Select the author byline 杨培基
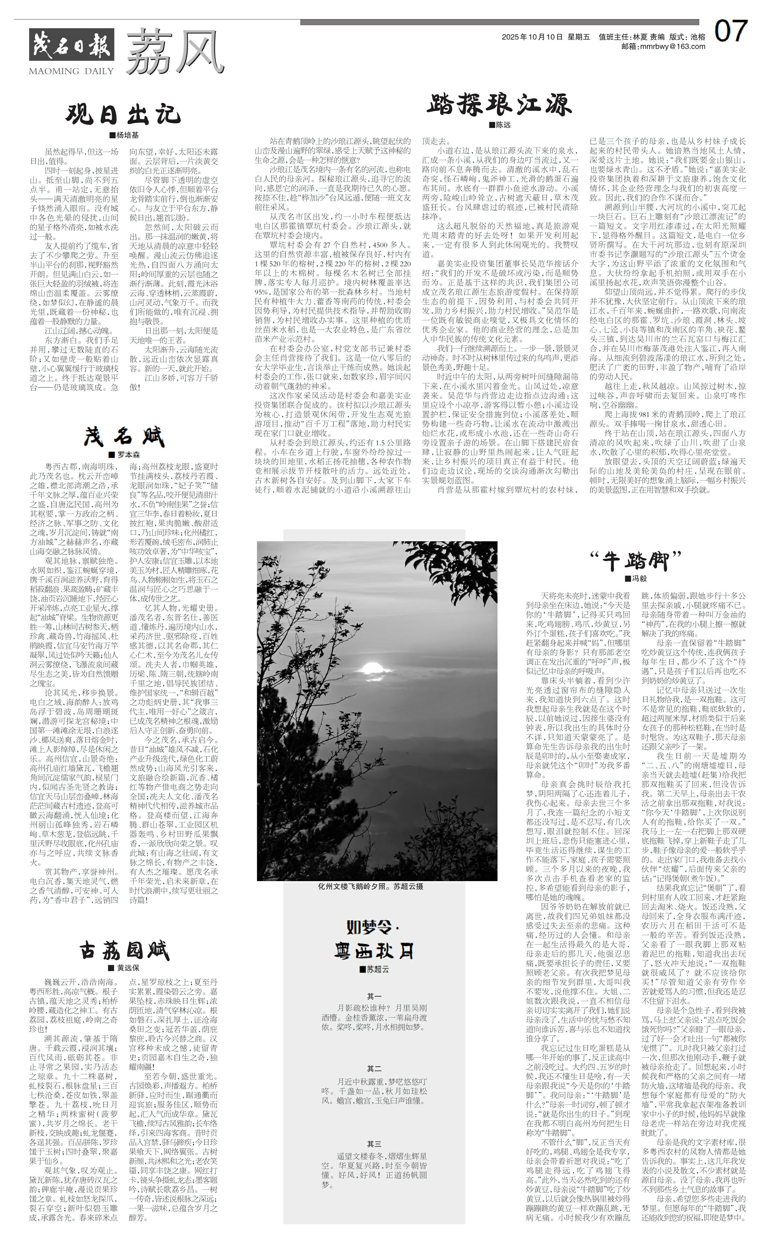click(125, 135)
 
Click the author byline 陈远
click(500, 125)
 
